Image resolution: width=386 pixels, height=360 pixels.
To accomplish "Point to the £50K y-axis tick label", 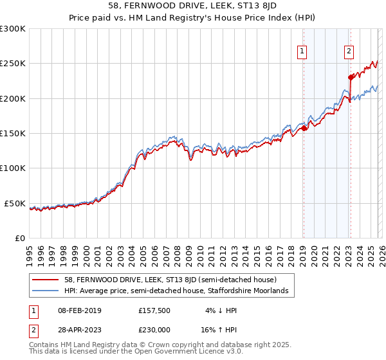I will coord(15,203).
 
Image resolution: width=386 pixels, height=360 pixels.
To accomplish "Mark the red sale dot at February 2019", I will coord(304,129).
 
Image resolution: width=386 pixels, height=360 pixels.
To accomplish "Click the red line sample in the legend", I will coord(46,280).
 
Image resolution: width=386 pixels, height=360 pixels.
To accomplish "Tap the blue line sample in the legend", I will coord(46,291).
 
